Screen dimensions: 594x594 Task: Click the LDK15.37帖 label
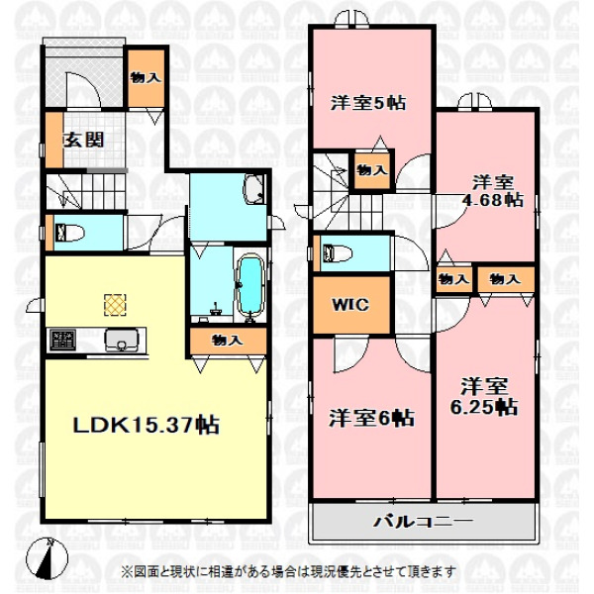pyautogui.click(x=146, y=425)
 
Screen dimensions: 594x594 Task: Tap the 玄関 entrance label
pyautogui.click(x=84, y=141)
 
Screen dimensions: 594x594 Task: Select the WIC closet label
pyautogui.click(x=350, y=304)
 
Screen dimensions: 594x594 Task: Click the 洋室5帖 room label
pyautogui.click(x=368, y=103)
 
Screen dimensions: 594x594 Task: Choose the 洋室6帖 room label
pyautogui.click(x=371, y=418)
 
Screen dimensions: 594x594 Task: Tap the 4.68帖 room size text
pyautogui.click(x=492, y=200)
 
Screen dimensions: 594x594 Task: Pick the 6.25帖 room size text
pyautogui.click(x=484, y=407)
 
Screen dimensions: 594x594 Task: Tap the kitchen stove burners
pyautogui.click(x=62, y=340)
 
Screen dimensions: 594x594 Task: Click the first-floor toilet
pyautogui.click(x=70, y=233)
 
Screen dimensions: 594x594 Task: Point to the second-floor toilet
pyautogui.click(x=338, y=252)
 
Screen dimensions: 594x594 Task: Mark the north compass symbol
pyautogui.click(x=48, y=557)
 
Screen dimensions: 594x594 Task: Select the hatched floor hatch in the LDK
pyautogui.click(x=115, y=305)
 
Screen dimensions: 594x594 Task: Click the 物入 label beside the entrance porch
pyautogui.click(x=146, y=77)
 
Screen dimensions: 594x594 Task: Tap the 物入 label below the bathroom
pyautogui.click(x=228, y=340)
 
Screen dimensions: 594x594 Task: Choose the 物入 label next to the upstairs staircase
pyautogui.click(x=372, y=170)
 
